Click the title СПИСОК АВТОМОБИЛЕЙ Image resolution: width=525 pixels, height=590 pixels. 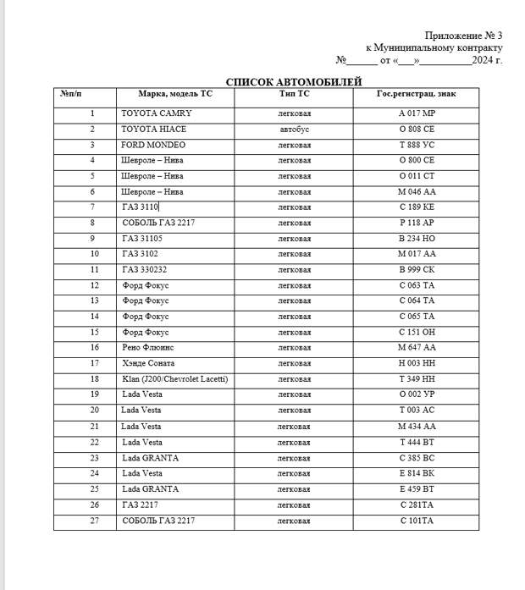[293, 81]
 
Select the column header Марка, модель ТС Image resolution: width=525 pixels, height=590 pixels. [175, 93]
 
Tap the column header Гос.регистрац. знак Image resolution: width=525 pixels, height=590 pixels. [416, 93]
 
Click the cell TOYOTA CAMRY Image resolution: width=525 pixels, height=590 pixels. [157, 113]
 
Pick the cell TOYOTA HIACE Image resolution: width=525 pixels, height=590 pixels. [154, 130]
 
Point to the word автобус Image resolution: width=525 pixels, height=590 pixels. [295, 130]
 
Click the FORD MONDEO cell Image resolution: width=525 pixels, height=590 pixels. [153, 145]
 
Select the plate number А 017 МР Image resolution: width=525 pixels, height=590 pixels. [416, 113]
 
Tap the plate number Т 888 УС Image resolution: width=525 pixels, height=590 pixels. [416, 145]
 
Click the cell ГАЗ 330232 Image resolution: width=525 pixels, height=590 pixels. [144, 270]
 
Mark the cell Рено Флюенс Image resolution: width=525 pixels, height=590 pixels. [146, 348]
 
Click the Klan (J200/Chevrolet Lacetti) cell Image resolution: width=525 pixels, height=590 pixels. [174, 379]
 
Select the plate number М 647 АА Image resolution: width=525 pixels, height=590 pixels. [416, 348]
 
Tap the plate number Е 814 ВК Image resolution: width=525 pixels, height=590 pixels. [416, 474]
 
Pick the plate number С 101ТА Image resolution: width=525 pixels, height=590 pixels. [416, 521]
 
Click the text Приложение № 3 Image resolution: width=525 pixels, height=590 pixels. [463, 36]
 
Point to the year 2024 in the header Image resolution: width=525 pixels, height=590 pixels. [482, 60]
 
